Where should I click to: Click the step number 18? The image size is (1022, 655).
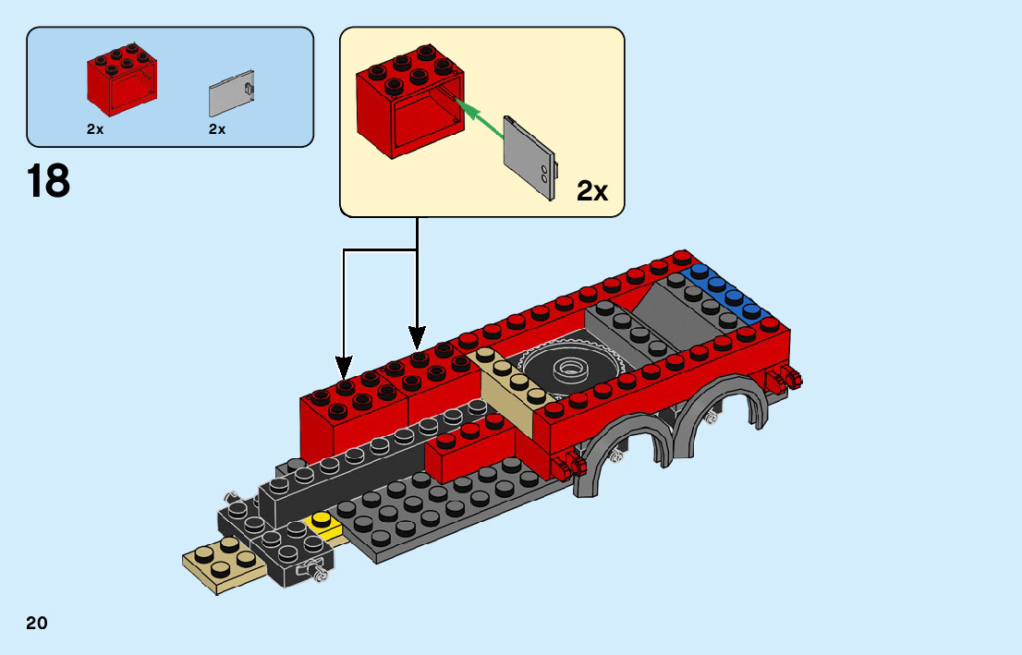click(x=49, y=181)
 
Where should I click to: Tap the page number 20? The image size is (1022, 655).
click(x=37, y=623)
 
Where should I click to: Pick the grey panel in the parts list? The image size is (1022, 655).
click(x=232, y=92)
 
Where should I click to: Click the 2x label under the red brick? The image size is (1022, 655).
click(x=95, y=130)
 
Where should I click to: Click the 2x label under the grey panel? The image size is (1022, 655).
click(x=217, y=130)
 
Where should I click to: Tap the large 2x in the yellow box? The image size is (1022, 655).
click(x=592, y=191)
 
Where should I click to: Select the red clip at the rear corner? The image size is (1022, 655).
click(x=788, y=378)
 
